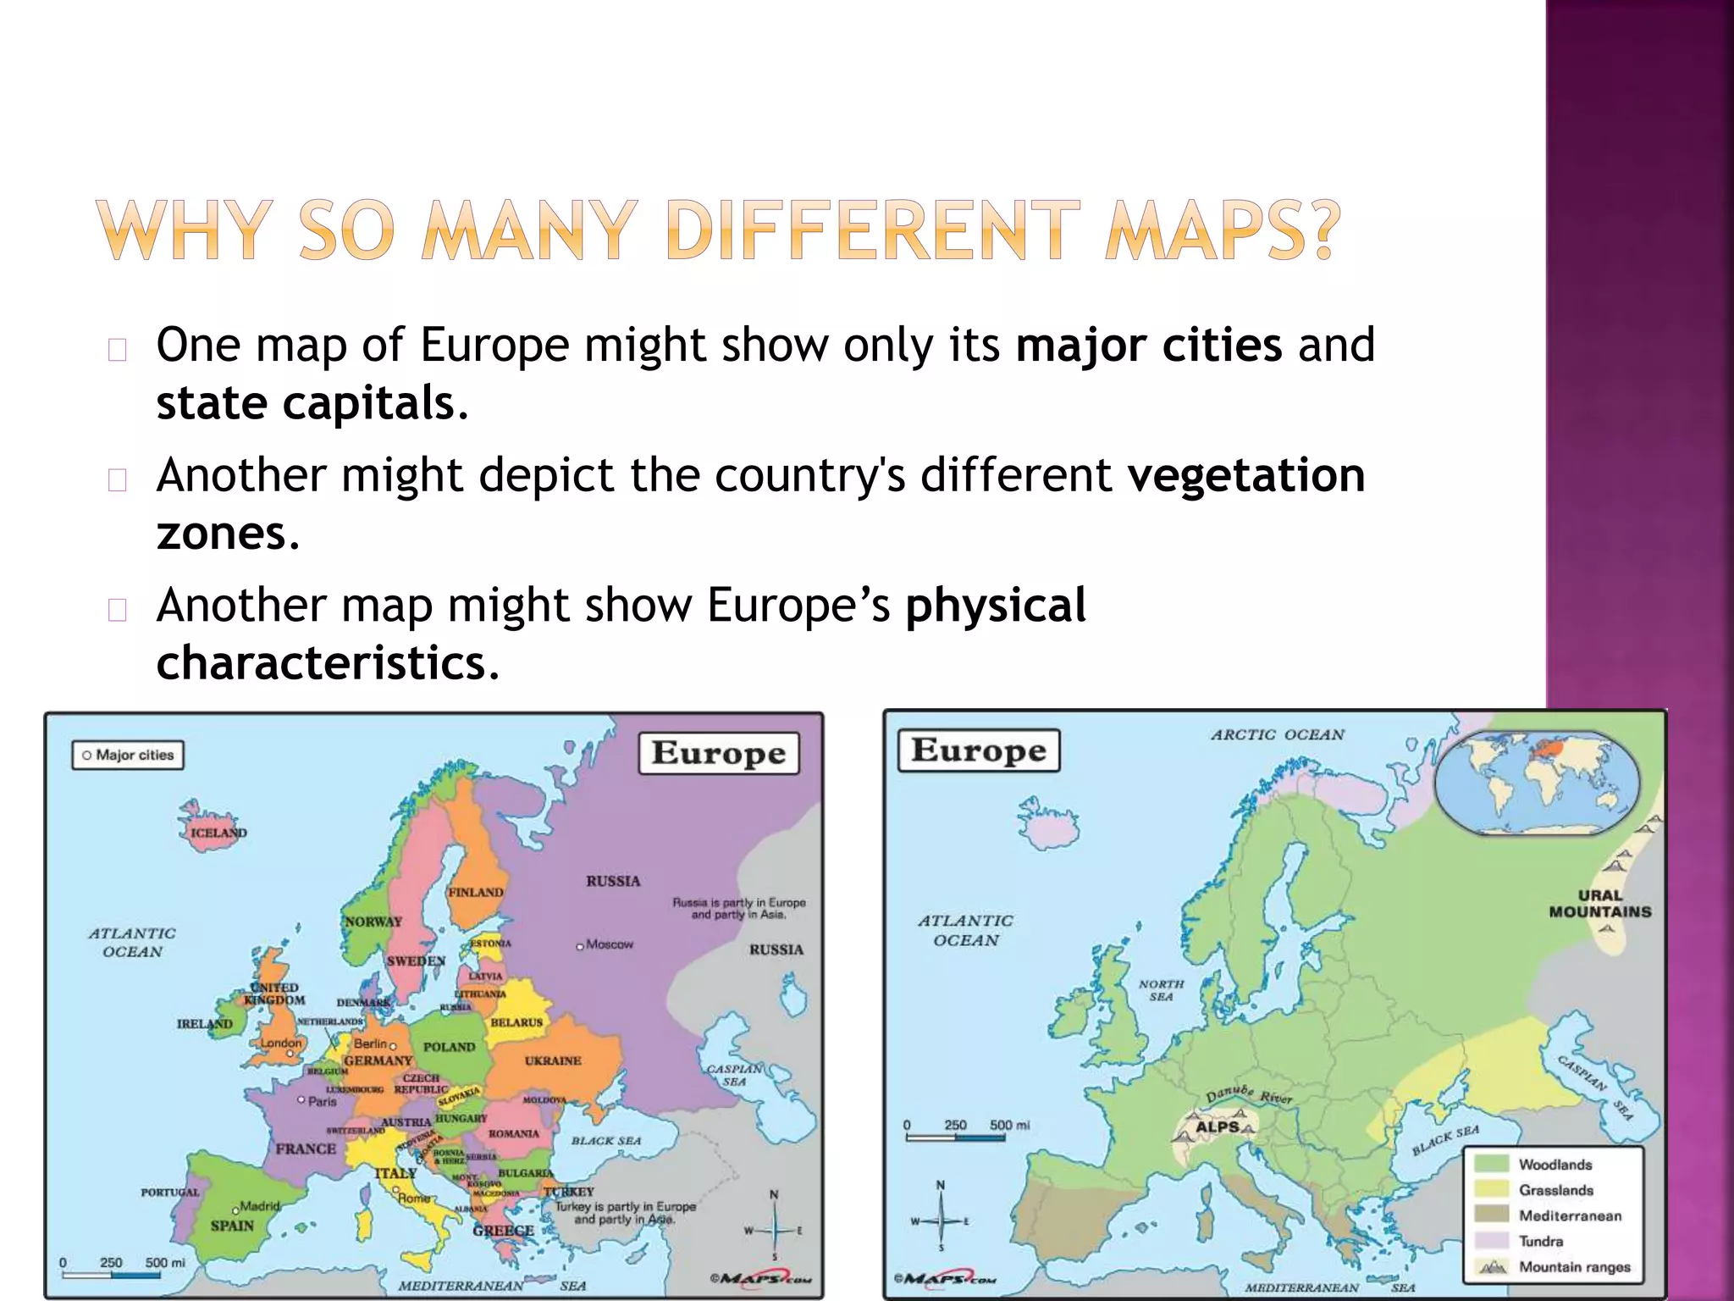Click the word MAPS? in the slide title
pos(1223,230)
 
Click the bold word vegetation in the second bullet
pos(1246,474)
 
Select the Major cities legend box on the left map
pos(128,755)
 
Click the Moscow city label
pos(609,944)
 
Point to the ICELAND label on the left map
pos(218,833)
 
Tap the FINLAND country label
pos(476,892)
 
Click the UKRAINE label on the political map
pos(553,1060)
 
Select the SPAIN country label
pos(232,1226)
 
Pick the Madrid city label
pos(259,1205)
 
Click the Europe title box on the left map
pos(719,753)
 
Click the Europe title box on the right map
pos(979,750)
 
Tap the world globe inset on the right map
pos(1537,784)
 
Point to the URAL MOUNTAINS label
pos(1599,904)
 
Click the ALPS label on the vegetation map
pos(1218,1127)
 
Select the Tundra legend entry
pos(1540,1242)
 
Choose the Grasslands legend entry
pos(1555,1190)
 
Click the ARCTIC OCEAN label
pos(1278,735)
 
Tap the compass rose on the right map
pos(941,1221)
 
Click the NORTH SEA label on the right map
pos(1161,990)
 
